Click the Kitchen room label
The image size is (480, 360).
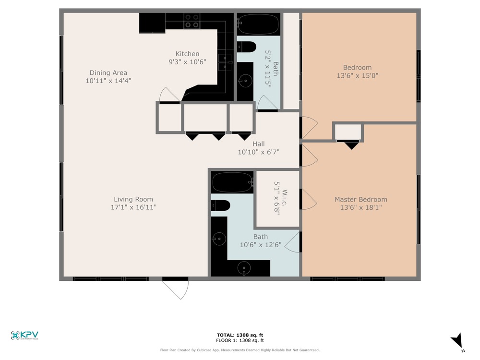coord(187,54)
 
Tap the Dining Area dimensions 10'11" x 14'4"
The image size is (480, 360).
coord(108,81)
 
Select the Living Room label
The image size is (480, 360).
coord(133,199)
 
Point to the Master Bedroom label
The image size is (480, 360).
coord(361,200)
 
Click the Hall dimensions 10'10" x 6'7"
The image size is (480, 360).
coord(259,152)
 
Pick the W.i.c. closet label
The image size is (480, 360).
coord(285,198)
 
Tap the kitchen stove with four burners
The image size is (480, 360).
coord(192,21)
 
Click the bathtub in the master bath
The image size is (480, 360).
coord(233,182)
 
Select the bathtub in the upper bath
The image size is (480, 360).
coord(258,24)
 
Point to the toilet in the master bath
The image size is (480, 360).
coord(220,205)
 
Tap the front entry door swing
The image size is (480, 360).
coord(176,289)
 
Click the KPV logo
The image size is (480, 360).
coord(24,336)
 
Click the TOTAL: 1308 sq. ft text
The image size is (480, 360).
coord(240,335)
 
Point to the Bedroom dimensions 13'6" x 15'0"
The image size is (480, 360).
coord(358,76)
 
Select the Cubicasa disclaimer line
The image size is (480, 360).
coord(240,350)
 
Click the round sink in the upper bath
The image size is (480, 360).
coord(245,81)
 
